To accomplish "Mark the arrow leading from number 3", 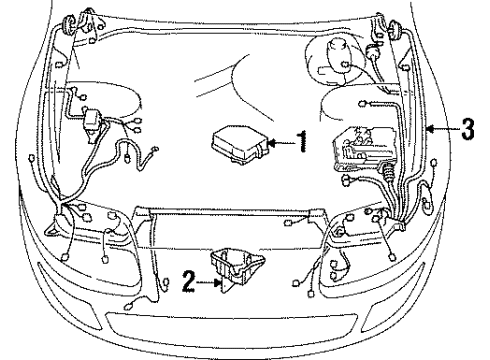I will tap(440, 131).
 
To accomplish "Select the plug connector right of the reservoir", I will tap(374, 50).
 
